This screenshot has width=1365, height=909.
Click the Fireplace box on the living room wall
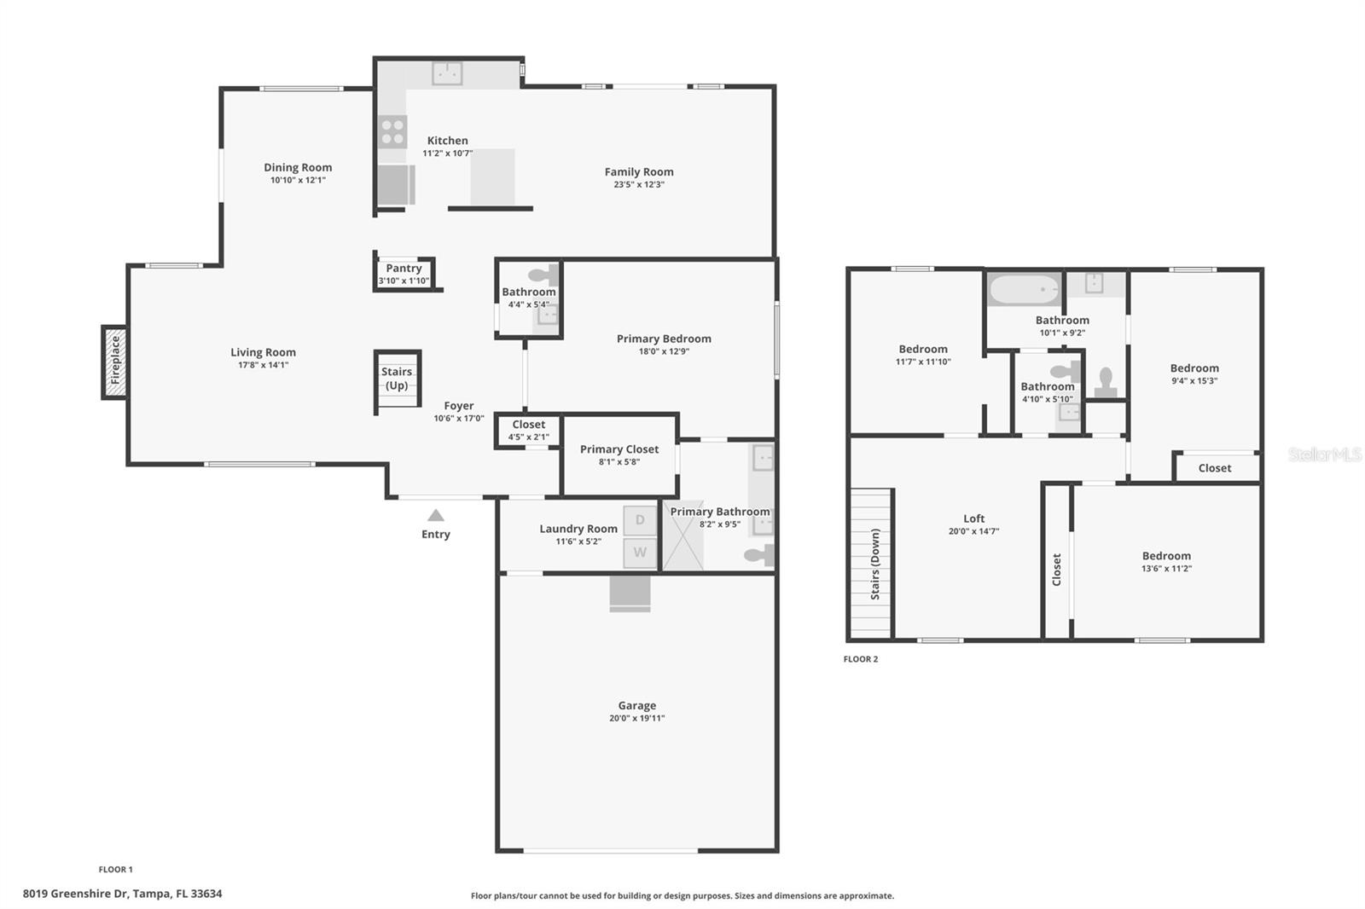pyautogui.click(x=115, y=362)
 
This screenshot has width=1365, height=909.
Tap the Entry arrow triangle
pyautogui.click(x=436, y=515)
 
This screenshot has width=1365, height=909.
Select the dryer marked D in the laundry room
pyautogui.click(x=640, y=520)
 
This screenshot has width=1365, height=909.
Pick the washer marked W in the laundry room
pyautogui.click(x=640, y=553)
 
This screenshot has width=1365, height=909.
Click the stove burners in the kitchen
pyautogui.click(x=392, y=132)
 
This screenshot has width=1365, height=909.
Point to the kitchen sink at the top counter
pyautogui.click(x=446, y=73)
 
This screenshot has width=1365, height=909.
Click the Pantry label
pyautogui.click(x=404, y=268)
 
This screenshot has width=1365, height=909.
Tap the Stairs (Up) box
pyautogui.click(x=397, y=379)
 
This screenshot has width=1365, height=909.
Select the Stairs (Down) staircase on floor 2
pyautogui.click(x=871, y=563)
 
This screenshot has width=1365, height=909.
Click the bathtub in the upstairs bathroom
pyautogui.click(x=1024, y=290)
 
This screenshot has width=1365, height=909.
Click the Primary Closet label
pyautogui.click(x=619, y=449)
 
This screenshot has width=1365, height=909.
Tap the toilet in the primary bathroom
pyautogui.click(x=758, y=556)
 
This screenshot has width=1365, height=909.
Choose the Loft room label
pyautogui.click(x=973, y=518)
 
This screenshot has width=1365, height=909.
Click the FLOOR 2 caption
pyautogui.click(x=860, y=659)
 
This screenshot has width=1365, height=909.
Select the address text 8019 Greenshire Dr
pyautogui.click(x=75, y=894)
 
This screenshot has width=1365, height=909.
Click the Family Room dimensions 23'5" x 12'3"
pyautogui.click(x=639, y=184)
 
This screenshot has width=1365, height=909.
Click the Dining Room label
pyautogui.click(x=298, y=167)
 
